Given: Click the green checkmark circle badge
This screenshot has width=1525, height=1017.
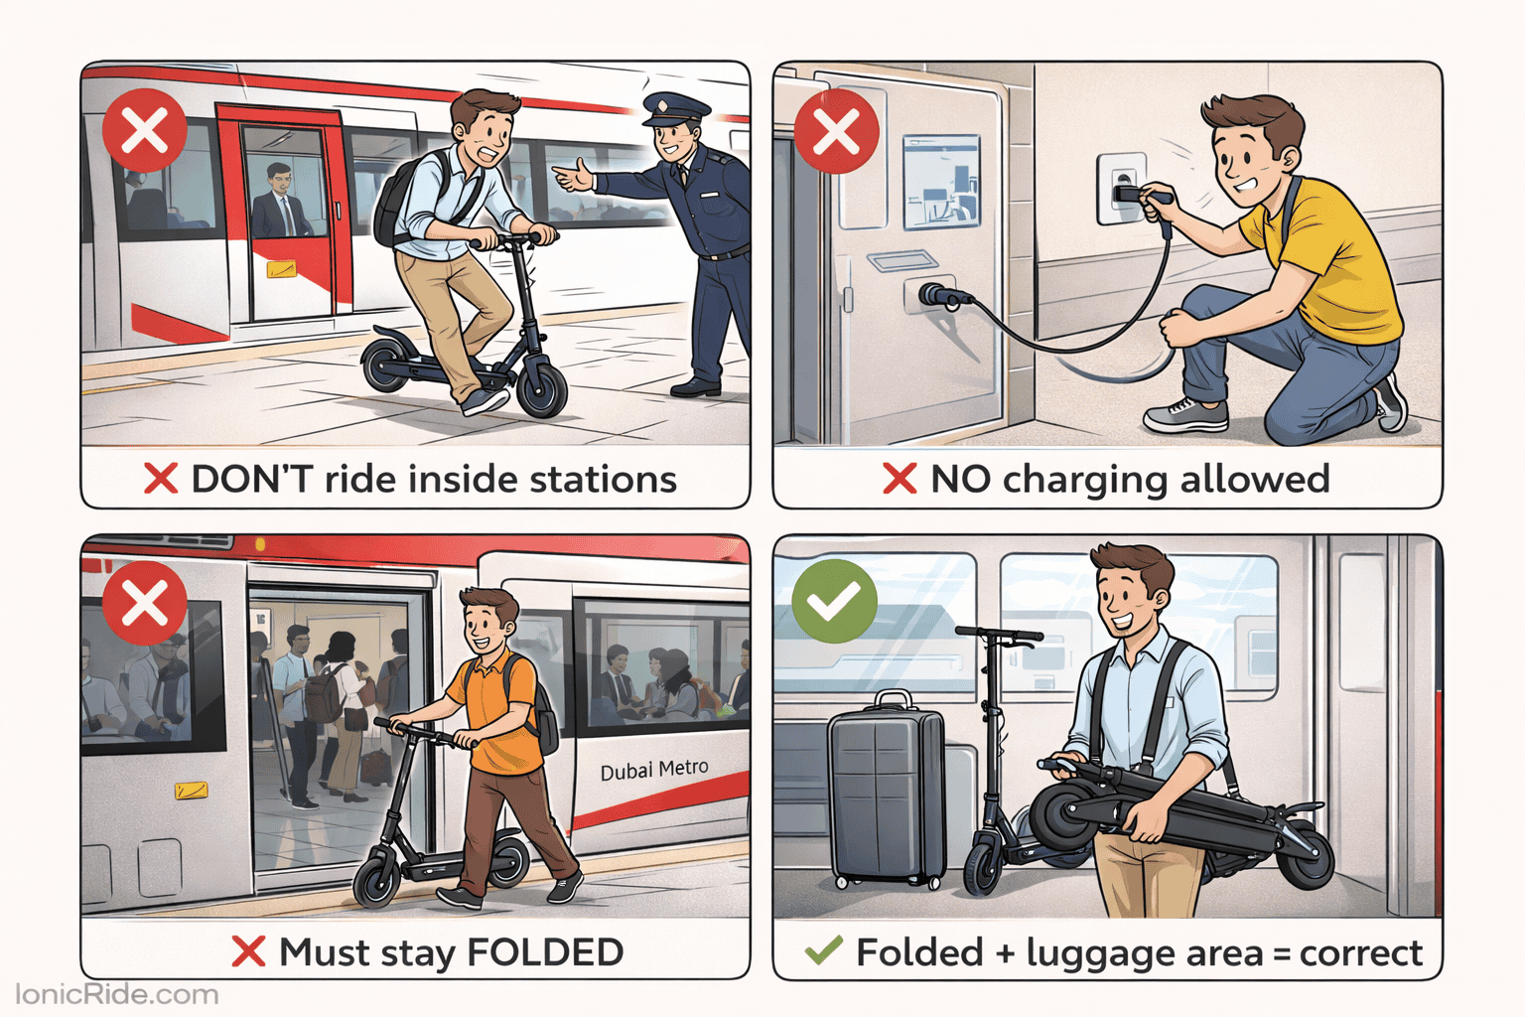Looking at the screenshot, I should point(834,601).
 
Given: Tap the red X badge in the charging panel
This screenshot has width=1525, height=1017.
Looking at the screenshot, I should point(836,131).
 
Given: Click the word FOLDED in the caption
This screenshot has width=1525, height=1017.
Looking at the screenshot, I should point(545,952).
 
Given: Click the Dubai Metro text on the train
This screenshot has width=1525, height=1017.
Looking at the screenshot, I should point(654,770).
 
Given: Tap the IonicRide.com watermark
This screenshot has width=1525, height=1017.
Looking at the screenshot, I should point(117,994).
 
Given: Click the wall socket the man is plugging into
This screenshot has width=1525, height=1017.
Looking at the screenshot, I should point(1121,188).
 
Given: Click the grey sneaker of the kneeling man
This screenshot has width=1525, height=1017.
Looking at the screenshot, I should point(1185,414).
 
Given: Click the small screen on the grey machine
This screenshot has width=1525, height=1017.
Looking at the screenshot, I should point(939,183).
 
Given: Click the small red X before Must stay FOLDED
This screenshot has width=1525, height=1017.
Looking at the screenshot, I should point(248,951).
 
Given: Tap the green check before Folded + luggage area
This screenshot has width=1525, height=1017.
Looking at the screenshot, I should point(823,950).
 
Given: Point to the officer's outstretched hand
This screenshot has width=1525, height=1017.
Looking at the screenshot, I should point(572,179).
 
